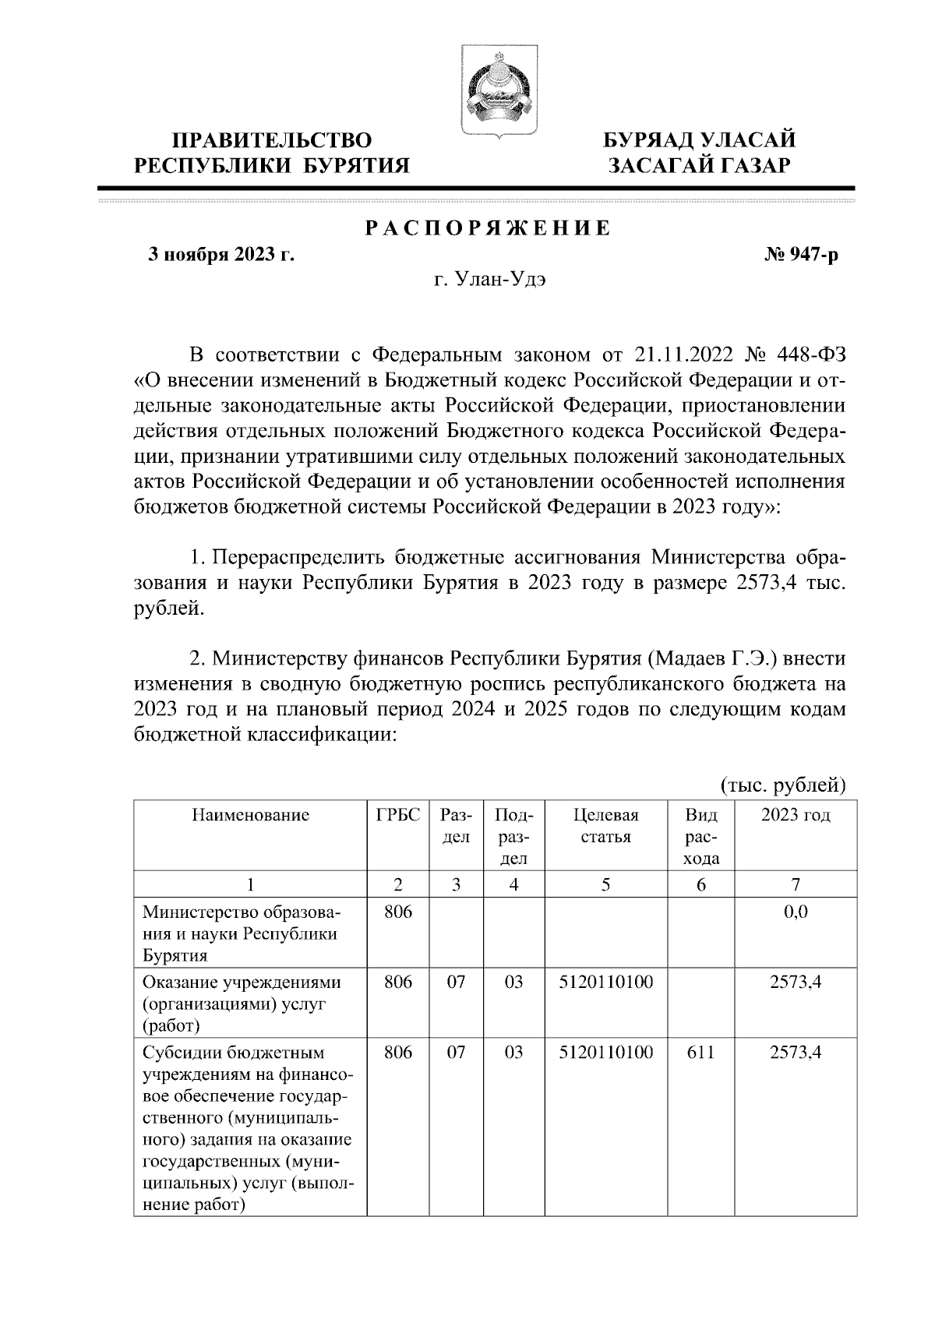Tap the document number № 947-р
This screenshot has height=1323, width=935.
(x=802, y=255)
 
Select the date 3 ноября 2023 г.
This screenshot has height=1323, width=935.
(x=222, y=255)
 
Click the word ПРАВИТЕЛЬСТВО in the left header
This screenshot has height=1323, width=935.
(x=271, y=141)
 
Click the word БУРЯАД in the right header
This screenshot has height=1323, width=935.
(x=651, y=141)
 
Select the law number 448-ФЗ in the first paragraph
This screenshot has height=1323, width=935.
(x=810, y=355)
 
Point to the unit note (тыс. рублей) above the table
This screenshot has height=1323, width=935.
(x=782, y=783)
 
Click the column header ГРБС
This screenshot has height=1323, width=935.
(x=397, y=816)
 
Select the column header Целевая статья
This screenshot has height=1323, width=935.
(x=605, y=826)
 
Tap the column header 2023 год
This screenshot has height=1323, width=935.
(x=796, y=816)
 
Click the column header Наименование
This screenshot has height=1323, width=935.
(x=250, y=816)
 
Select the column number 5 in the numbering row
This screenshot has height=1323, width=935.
(x=605, y=884)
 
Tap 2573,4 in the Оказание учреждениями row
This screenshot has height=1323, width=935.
(x=796, y=983)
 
